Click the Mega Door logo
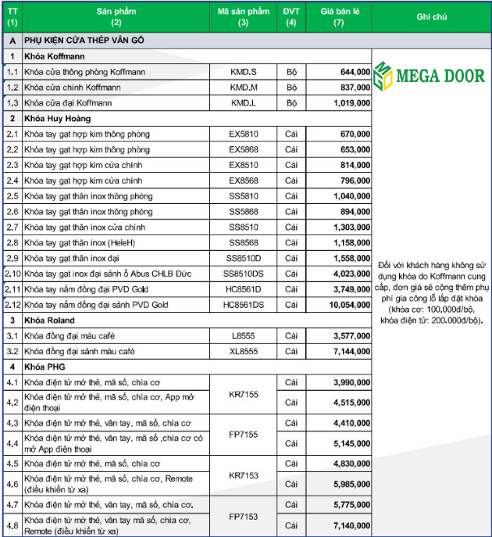point(429,77)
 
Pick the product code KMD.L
point(244,102)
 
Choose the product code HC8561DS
point(244,304)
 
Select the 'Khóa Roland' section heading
point(48,320)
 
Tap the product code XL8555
point(244,351)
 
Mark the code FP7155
point(244,432)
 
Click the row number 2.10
point(12,273)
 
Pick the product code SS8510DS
point(244,273)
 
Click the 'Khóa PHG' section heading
point(44,366)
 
